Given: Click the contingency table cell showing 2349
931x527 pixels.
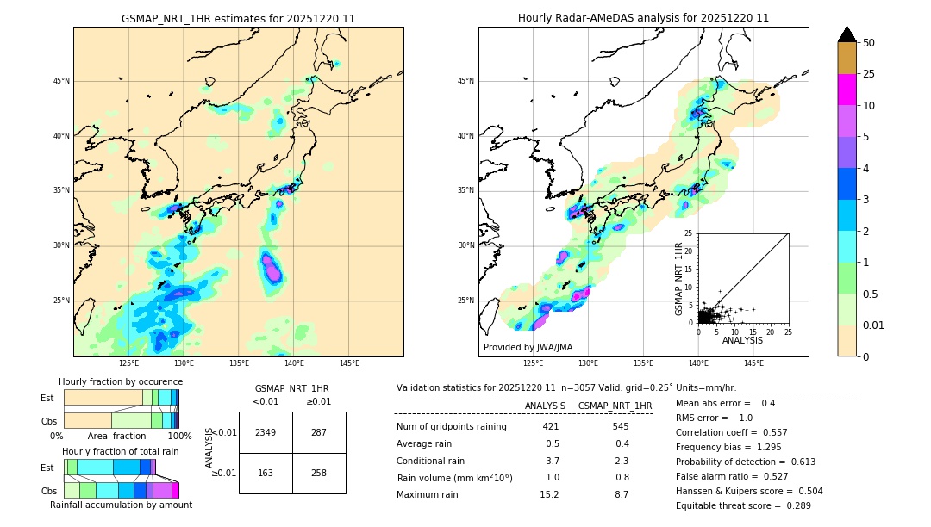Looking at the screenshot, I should pos(266,432).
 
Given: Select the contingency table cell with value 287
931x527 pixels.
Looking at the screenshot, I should pos(319,432).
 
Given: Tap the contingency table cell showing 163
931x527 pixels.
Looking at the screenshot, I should pos(266,474).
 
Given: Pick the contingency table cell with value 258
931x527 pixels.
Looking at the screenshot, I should pos(319,474).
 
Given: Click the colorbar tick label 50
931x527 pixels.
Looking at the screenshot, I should pos(869,43).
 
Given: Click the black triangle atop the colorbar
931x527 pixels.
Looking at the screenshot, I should pos(847,34).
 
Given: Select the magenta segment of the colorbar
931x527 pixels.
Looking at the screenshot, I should pos(847,90).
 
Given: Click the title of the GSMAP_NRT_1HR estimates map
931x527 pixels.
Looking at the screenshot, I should pos(238,18).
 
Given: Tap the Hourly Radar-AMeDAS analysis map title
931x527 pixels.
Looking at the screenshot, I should pos(643,18).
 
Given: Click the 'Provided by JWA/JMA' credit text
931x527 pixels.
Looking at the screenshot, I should pos(528,348).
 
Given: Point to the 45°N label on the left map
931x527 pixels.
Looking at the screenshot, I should pos(61,81).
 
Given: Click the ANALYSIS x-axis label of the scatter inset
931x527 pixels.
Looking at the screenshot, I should pos(742,340).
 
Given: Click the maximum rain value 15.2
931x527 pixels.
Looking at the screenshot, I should pos(549,494).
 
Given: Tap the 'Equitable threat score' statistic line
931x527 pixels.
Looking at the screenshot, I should pos(743,505).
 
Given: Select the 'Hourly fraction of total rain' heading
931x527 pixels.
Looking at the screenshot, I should pos(121,451).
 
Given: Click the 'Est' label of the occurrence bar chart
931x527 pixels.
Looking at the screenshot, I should pos(47,398).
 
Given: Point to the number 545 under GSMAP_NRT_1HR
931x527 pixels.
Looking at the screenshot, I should pos(620,426).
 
